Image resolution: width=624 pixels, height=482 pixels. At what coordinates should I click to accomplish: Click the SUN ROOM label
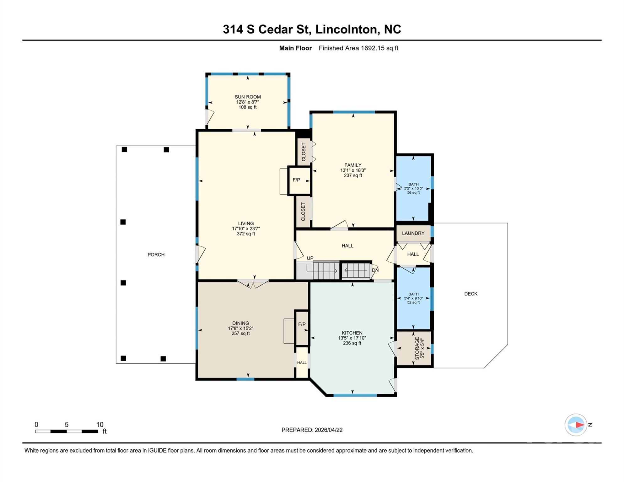(x=248, y=97)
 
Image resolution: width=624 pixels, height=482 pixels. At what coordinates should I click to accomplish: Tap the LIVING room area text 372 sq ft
(x=246, y=234)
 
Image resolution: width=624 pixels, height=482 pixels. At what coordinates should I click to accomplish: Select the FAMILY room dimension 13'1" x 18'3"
(x=353, y=170)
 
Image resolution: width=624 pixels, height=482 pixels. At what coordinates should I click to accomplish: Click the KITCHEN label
(x=352, y=333)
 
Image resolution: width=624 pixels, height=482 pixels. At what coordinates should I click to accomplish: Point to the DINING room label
(x=240, y=323)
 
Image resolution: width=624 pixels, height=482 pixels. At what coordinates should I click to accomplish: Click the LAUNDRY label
(x=413, y=233)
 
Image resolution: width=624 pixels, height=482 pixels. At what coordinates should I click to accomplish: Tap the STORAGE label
(x=417, y=348)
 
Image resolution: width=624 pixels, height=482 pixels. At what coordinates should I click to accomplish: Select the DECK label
(x=471, y=294)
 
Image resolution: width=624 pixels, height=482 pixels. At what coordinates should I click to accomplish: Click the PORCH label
(x=156, y=255)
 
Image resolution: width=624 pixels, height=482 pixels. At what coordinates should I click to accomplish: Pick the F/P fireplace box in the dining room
(x=302, y=328)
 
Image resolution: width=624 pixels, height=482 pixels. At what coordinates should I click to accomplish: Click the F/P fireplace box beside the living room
(x=299, y=181)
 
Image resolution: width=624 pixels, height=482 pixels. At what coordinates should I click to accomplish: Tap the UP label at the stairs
(x=310, y=258)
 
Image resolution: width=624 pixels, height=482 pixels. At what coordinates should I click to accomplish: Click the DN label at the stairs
(x=375, y=270)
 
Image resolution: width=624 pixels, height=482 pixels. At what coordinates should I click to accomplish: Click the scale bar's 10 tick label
(x=100, y=425)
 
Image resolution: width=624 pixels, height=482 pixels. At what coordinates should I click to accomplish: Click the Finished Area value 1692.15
(x=373, y=48)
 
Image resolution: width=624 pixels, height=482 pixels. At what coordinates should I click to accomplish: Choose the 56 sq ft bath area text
(x=413, y=193)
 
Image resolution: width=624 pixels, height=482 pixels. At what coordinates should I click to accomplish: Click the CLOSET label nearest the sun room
(x=304, y=152)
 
